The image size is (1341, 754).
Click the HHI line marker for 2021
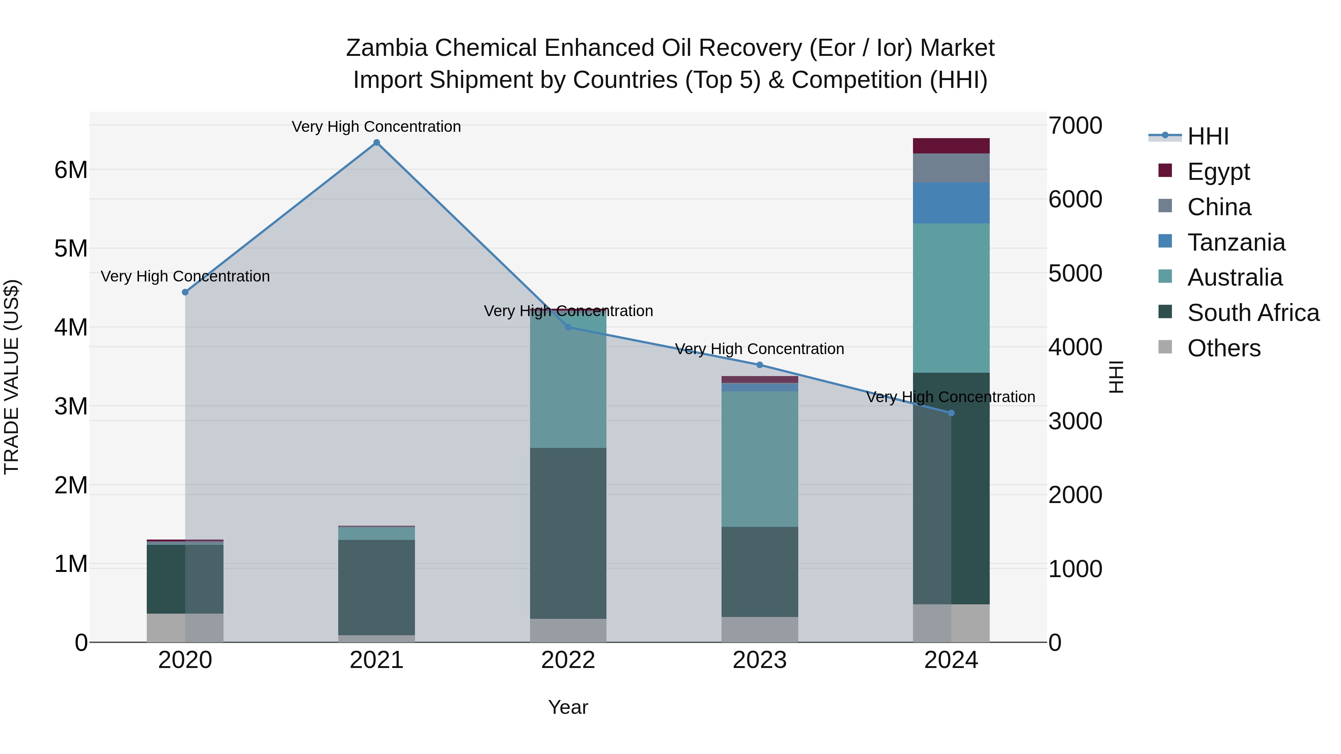376,143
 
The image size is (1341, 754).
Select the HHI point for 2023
760,365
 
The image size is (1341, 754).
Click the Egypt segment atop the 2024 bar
951,146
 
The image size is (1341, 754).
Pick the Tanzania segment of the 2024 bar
951,203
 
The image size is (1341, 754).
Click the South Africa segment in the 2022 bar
568,533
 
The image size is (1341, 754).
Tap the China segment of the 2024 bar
951,168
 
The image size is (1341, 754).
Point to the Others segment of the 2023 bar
760,630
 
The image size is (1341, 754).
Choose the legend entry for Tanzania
1236,242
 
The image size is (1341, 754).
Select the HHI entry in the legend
1208,136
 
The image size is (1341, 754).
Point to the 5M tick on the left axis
71,249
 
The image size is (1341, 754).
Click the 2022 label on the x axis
568,660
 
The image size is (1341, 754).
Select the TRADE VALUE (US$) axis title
12,377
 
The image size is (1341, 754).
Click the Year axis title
568,707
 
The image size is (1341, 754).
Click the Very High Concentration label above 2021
376,127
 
